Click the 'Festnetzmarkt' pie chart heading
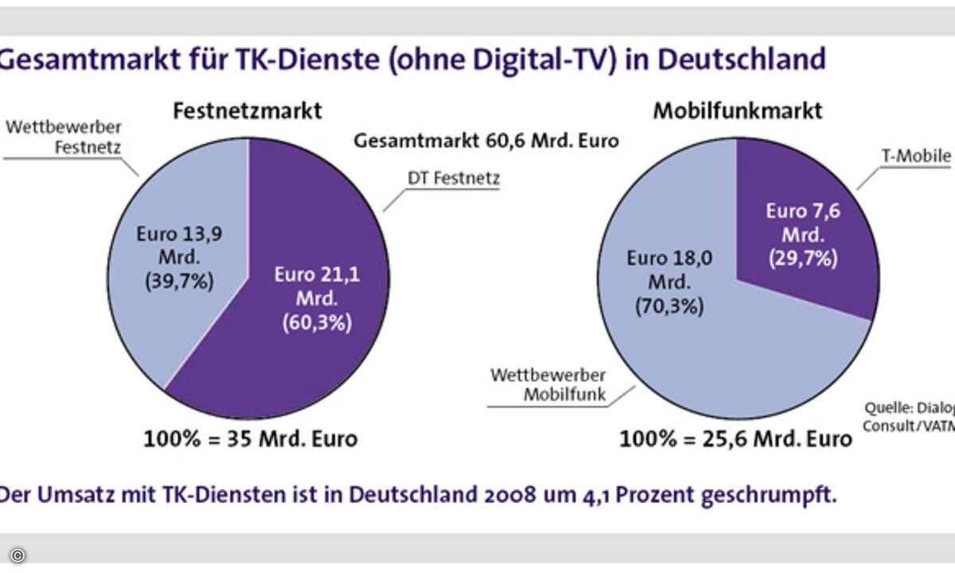pos(248,111)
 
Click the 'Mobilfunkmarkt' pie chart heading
pos(737,111)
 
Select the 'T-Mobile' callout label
pos(919,156)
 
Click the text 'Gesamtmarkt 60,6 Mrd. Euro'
pos(486,142)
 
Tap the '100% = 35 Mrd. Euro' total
pos(250,439)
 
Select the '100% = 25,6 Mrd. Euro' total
pos(736,439)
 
